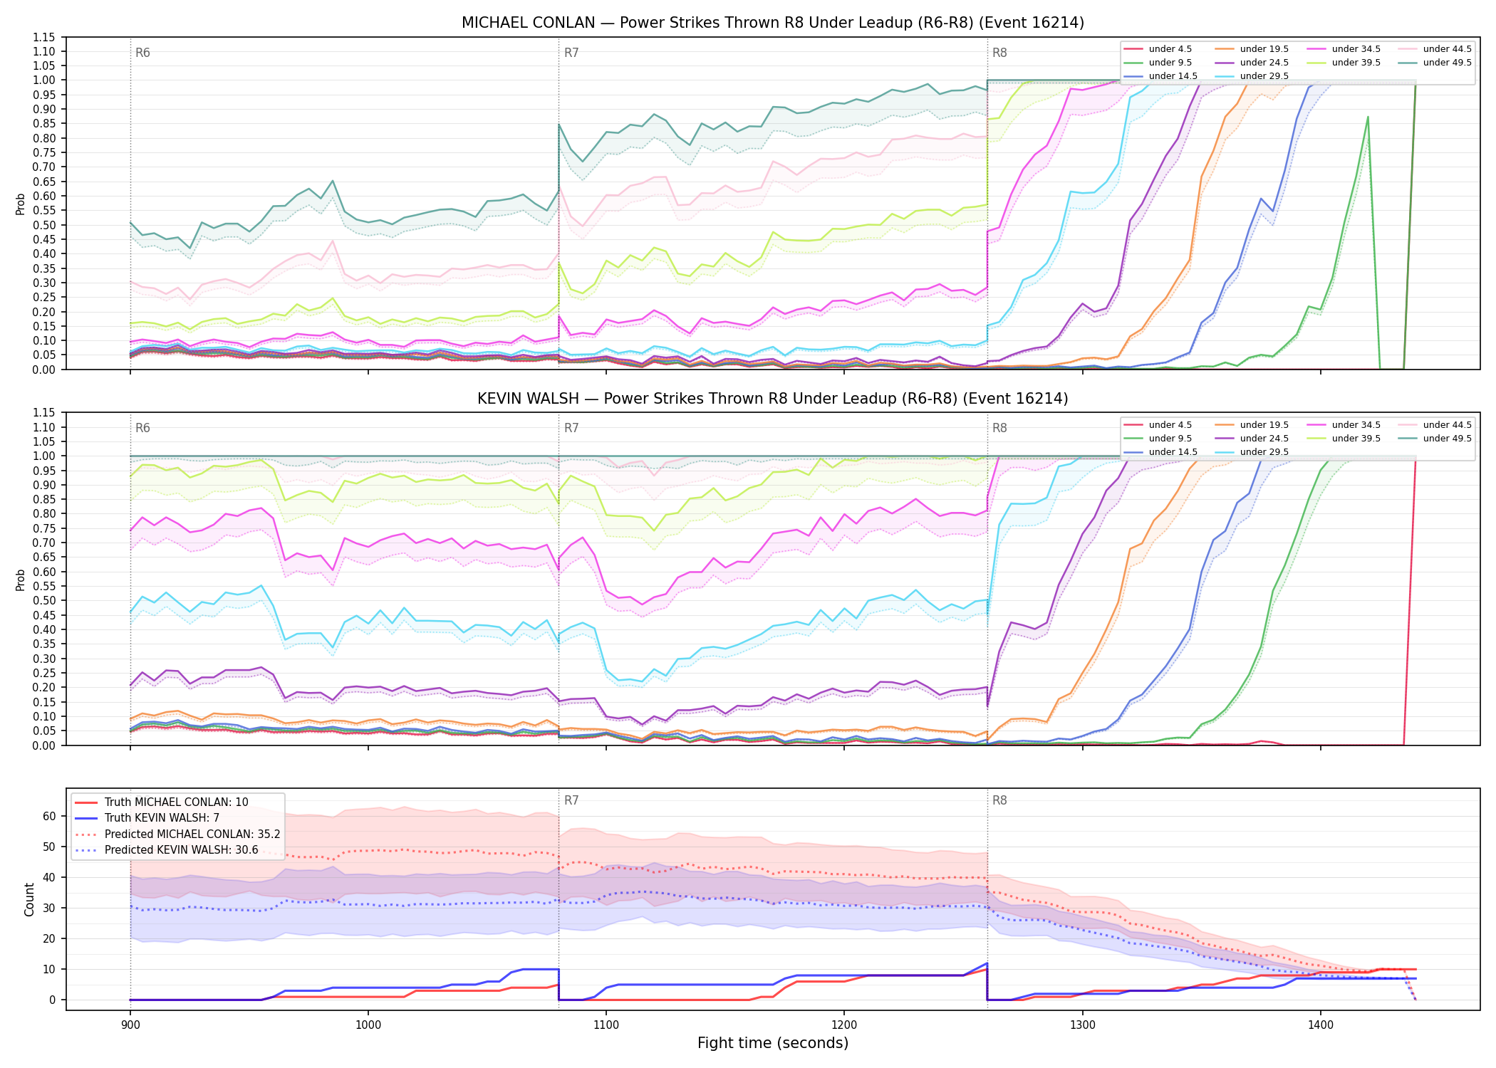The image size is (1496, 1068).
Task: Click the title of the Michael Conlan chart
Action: [773, 23]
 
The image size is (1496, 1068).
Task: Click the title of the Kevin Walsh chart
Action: [773, 399]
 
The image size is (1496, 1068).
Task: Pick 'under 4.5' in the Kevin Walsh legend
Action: [1170, 425]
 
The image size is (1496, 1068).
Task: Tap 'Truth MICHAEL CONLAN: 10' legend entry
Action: [177, 802]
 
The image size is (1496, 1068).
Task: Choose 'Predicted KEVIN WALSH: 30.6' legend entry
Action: [182, 850]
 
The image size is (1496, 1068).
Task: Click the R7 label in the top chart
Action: [571, 53]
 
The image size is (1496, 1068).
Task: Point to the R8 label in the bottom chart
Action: [999, 800]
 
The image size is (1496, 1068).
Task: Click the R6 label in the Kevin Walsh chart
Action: [142, 428]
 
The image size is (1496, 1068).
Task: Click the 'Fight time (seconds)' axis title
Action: [773, 1043]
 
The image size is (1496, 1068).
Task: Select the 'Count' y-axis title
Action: [29, 899]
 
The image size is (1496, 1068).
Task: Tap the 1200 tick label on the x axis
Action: [844, 1025]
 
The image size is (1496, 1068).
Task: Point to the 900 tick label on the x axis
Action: [130, 1025]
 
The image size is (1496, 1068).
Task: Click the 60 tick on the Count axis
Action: [49, 816]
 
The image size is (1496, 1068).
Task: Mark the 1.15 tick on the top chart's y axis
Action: [44, 37]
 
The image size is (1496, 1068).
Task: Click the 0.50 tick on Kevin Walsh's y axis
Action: [44, 601]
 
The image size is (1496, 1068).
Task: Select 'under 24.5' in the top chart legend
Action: [1264, 63]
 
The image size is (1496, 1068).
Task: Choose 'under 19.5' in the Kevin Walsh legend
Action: [1264, 425]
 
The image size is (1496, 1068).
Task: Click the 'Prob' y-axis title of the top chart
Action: [21, 204]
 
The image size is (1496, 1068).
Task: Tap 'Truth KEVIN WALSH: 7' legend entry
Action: [162, 818]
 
